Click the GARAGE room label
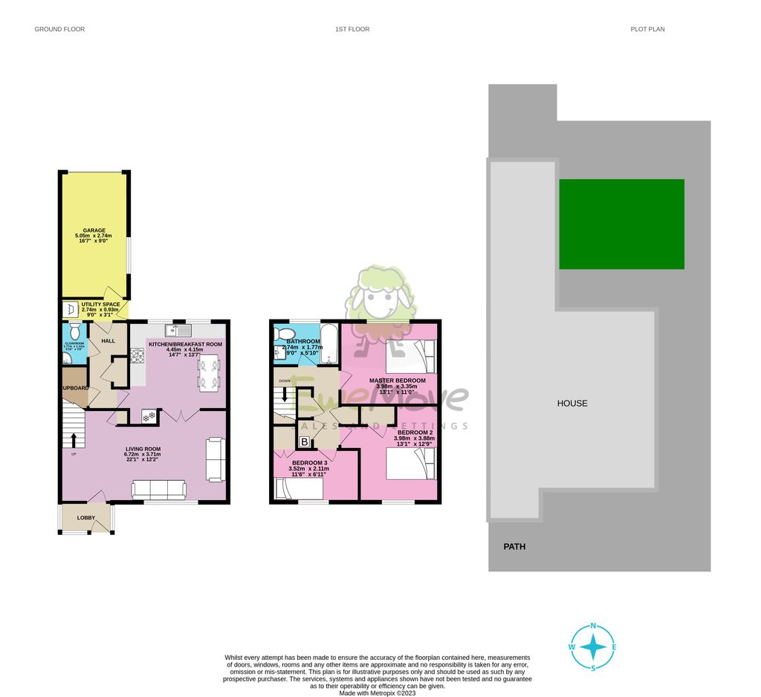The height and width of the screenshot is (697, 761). pos(94,230)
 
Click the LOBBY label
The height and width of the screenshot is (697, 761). pos(86,517)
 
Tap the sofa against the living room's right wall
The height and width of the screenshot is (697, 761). pos(216,458)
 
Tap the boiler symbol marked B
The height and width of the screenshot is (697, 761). pos(304,442)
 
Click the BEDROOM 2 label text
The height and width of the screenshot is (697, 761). pos(415,432)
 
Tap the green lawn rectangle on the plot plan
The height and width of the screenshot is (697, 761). pos(621,224)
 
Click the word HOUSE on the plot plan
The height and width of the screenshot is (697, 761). pos(572,403)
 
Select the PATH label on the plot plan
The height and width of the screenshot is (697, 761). pos(514,546)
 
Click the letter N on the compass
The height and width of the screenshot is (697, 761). pos(593,626)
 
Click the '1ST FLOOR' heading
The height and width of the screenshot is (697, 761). pos(352,30)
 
